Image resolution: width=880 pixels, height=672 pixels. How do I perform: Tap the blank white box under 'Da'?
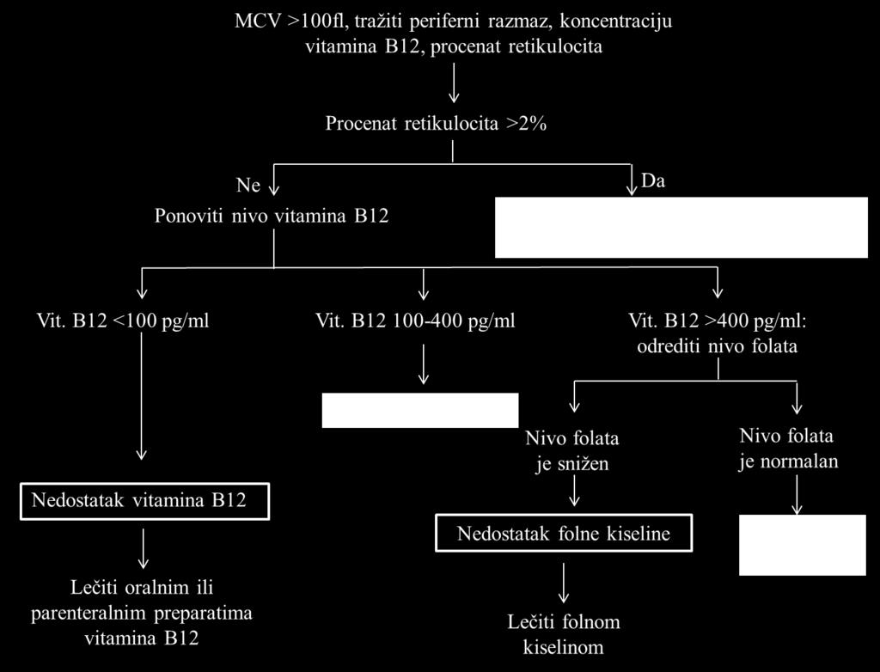(x=681, y=228)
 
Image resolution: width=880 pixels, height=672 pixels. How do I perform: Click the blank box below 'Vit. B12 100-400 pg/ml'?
(x=419, y=411)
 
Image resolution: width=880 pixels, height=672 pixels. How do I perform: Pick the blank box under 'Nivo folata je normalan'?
(x=802, y=545)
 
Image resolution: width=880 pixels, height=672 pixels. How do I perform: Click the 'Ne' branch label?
(x=248, y=185)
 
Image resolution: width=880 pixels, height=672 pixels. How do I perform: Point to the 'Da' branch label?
(x=653, y=181)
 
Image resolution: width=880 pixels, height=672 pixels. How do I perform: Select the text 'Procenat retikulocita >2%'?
(x=436, y=124)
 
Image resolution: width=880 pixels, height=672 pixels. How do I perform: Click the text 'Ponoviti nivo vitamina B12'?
(x=272, y=217)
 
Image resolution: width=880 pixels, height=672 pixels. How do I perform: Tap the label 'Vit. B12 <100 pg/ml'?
(x=123, y=321)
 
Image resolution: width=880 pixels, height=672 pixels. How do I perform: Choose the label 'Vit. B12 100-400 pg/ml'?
(x=415, y=321)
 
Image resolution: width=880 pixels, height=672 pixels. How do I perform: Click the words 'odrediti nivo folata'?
(x=718, y=345)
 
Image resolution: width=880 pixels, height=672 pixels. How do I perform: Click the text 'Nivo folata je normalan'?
(x=788, y=448)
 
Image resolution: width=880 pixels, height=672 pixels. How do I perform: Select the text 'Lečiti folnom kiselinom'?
(x=564, y=634)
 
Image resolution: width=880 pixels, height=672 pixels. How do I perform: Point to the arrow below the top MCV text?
(x=454, y=82)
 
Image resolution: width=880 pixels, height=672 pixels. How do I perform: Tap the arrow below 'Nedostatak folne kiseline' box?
(x=564, y=583)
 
